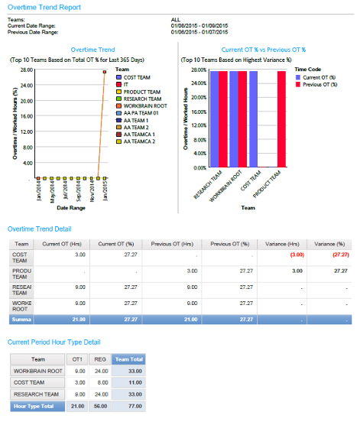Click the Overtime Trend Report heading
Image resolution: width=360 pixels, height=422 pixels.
pyautogui.click(x=44, y=6)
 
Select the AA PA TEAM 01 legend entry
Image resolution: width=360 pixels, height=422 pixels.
pyautogui.click(x=141, y=112)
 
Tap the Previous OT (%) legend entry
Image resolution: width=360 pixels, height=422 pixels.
pyautogui.click(x=315, y=85)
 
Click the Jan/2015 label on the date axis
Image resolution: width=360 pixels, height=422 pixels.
pyautogui.click(x=103, y=189)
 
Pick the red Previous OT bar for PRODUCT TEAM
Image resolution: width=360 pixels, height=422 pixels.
pyautogui.click(x=281, y=118)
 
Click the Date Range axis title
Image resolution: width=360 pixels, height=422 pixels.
pyautogui.click(x=69, y=207)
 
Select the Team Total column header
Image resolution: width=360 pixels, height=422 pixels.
pyautogui.click(x=128, y=358)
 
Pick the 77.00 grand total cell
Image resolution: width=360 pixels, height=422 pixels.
pyautogui.click(x=135, y=406)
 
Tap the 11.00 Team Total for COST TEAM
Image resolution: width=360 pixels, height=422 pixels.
pyautogui.click(x=135, y=382)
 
